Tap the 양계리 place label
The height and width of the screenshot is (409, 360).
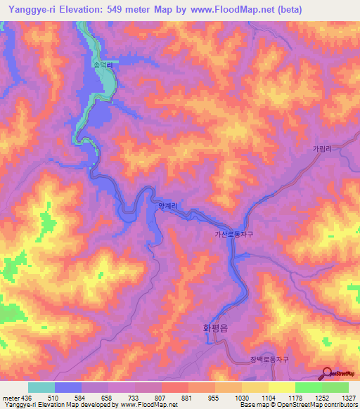pos(166,205)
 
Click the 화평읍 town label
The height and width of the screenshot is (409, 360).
pos(216,327)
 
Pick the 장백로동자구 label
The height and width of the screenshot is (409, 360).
pos(269,358)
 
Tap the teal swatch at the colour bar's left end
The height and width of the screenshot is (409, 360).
pos(41,387)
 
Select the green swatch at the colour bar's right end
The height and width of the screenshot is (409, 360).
pos(335,387)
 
